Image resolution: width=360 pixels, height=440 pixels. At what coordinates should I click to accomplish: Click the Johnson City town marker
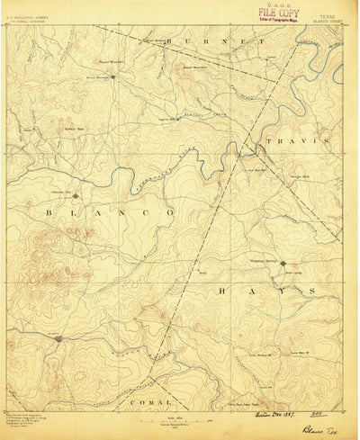(x=76, y=195)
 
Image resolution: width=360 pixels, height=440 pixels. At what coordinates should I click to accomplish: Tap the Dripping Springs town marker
(x=282, y=264)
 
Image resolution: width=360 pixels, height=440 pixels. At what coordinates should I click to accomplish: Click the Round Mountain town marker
(x=112, y=76)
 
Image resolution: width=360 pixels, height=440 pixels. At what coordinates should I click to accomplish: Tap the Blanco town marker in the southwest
(x=58, y=338)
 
